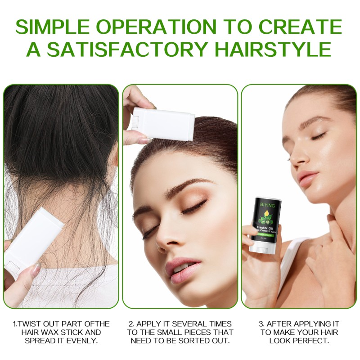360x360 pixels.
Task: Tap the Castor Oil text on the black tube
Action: (264, 228)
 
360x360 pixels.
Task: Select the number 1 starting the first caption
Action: (14, 324)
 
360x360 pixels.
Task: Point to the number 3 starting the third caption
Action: (261, 324)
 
